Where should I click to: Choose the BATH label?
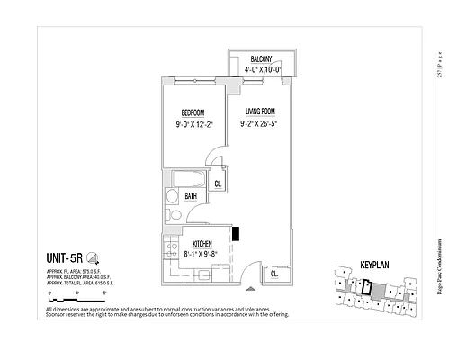(x=192, y=195)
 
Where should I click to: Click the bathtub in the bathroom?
(x=192, y=177)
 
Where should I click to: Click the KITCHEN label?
(x=202, y=244)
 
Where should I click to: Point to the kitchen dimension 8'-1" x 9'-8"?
(x=202, y=255)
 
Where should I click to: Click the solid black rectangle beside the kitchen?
(x=236, y=233)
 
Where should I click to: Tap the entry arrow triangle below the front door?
(x=261, y=290)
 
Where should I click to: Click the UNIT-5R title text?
(x=66, y=256)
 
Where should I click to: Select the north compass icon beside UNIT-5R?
(x=94, y=256)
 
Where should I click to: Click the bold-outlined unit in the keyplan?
(x=366, y=287)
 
